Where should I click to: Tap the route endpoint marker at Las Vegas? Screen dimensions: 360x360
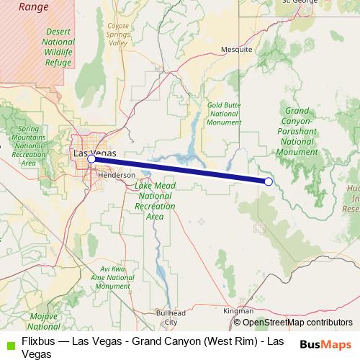91,159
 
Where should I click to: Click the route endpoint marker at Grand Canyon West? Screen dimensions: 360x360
268,181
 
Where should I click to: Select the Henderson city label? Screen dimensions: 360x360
116,175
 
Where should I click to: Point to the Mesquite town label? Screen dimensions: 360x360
236,50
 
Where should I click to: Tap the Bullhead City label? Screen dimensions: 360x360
171,318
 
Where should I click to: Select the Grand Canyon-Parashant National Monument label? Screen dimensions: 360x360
297,132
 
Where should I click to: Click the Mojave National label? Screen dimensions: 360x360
46,321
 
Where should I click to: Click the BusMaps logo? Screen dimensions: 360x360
325,344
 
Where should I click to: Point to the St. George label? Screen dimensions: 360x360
300,2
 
